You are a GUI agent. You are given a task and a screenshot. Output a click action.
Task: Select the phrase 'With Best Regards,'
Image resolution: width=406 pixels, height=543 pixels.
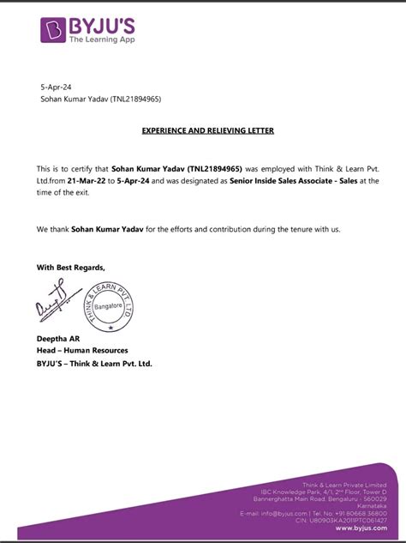71,268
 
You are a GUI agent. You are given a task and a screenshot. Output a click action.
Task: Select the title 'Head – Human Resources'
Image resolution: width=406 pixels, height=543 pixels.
82,351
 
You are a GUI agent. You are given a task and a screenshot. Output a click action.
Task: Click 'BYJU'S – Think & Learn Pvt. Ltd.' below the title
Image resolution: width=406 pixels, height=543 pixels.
95,363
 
